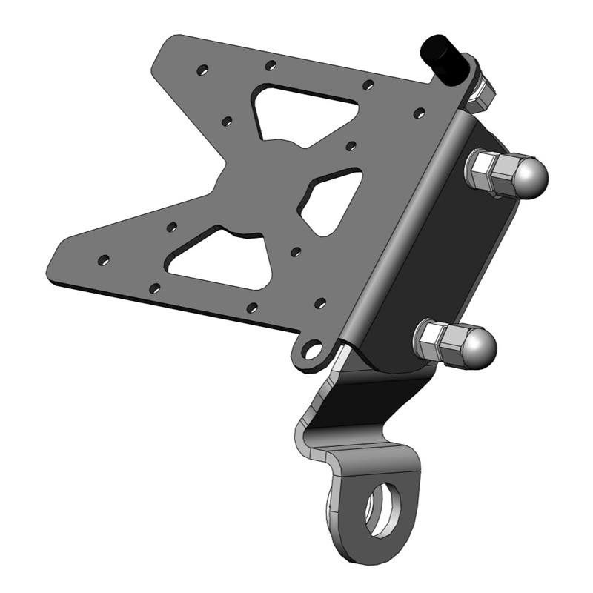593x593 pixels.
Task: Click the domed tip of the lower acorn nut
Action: tap(480, 345)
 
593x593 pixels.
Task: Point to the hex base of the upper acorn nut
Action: tap(486, 171)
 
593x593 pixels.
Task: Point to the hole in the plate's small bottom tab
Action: tap(314, 348)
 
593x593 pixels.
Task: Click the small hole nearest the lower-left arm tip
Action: tap(104, 260)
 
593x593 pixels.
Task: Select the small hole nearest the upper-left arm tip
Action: tap(202, 70)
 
